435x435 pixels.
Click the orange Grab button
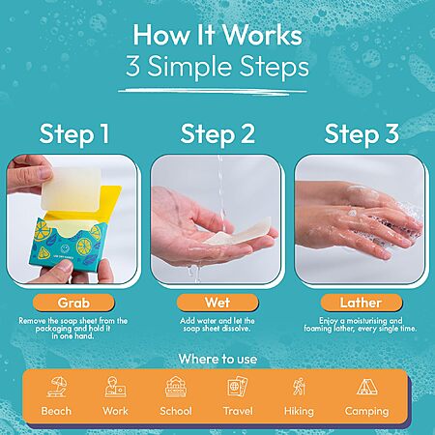pyautogui.click(x=73, y=303)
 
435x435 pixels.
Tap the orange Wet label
pyautogui.click(x=217, y=303)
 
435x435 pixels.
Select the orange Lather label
pyautogui.click(x=362, y=303)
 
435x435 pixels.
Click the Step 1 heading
pyautogui.click(x=74, y=133)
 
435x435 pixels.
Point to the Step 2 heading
pyautogui.click(x=217, y=133)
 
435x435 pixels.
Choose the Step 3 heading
pyautogui.click(x=362, y=133)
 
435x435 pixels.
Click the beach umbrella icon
pyautogui.click(x=57, y=387)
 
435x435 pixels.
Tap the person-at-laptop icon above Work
pyautogui.click(x=115, y=387)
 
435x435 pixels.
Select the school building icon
pyautogui.click(x=176, y=387)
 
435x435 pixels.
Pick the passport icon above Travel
pyautogui.click(x=238, y=386)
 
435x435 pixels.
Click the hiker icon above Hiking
pyautogui.click(x=299, y=387)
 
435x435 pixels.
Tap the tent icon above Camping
pyautogui.click(x=367, y=387)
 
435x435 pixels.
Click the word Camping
pyautogui.click(x=366, y=412)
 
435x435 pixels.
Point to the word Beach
pyautogui.click(x=56, y=411)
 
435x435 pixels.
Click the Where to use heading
pyautogui.click(x=217, y=359)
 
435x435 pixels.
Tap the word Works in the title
pyautogui.click(x=262, y=35)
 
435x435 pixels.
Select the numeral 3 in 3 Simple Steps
pyautogui.click(x=132, y=66)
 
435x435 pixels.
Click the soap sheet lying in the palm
pyautogui.click(x=240, y=231)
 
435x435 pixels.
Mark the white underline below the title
pyautogui.click(x=213, y=92)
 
